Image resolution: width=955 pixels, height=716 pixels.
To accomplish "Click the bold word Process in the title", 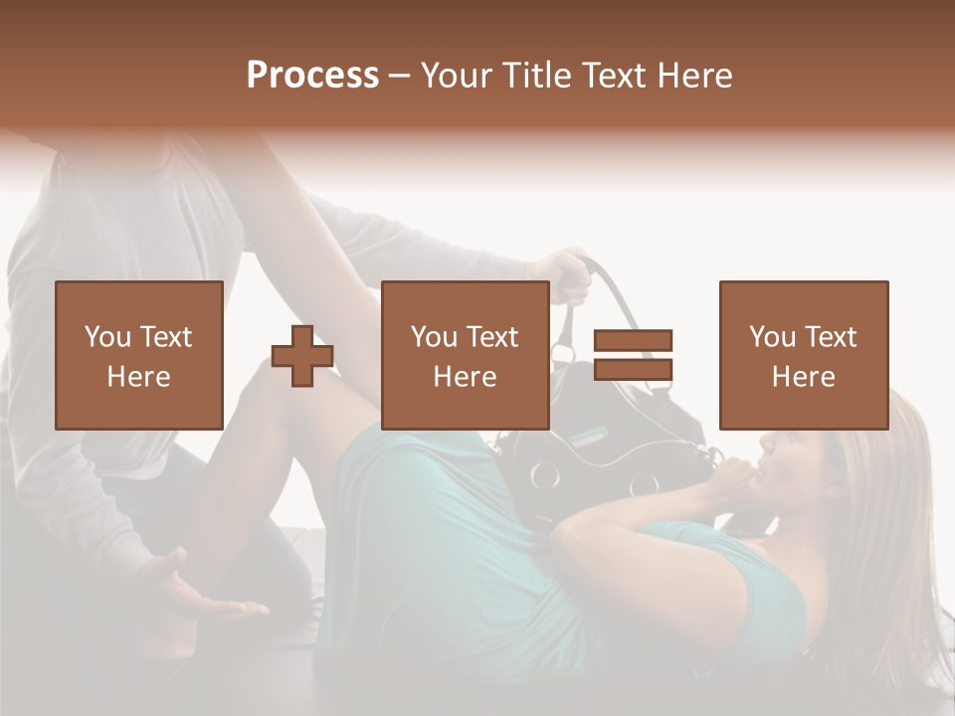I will tap(312, 75).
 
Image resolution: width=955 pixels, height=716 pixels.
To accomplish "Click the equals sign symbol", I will tap(633, 355).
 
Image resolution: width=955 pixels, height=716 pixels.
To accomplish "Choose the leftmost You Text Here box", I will tap(138, 355).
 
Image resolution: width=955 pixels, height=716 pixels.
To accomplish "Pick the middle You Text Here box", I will tap(465, 355).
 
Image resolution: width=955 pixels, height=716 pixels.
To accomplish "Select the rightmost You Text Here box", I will tap(803, 355).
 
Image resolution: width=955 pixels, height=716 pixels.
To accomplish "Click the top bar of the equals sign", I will tap(633, 341).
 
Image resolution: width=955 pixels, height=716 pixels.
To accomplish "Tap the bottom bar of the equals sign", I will tap(633, 369).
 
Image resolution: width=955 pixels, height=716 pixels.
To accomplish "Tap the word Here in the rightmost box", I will tap(803, 377).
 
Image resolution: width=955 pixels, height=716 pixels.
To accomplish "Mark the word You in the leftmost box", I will tap(106, 337).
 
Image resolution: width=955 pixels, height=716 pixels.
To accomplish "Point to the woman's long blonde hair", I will tap(885, 517).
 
